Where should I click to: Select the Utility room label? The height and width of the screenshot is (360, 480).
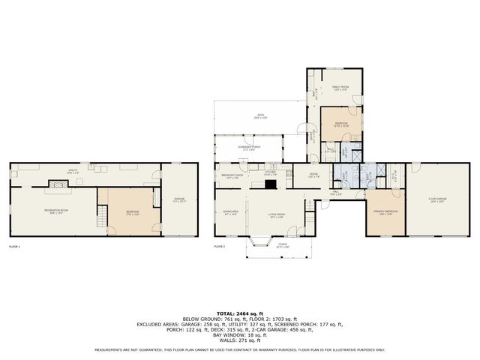pos(73,172)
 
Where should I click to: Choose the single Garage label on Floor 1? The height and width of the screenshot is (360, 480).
pos(179,199)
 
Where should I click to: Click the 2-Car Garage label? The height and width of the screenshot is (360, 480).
pos(437,199)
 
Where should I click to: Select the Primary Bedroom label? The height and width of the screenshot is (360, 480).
pos(385,213)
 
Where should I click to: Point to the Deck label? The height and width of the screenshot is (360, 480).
pos(259,118)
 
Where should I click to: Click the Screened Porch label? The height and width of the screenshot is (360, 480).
pos(249,148)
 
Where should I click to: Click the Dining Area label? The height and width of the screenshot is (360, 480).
pos(230,213)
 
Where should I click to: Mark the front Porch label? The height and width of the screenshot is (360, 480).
pos(281,244)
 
